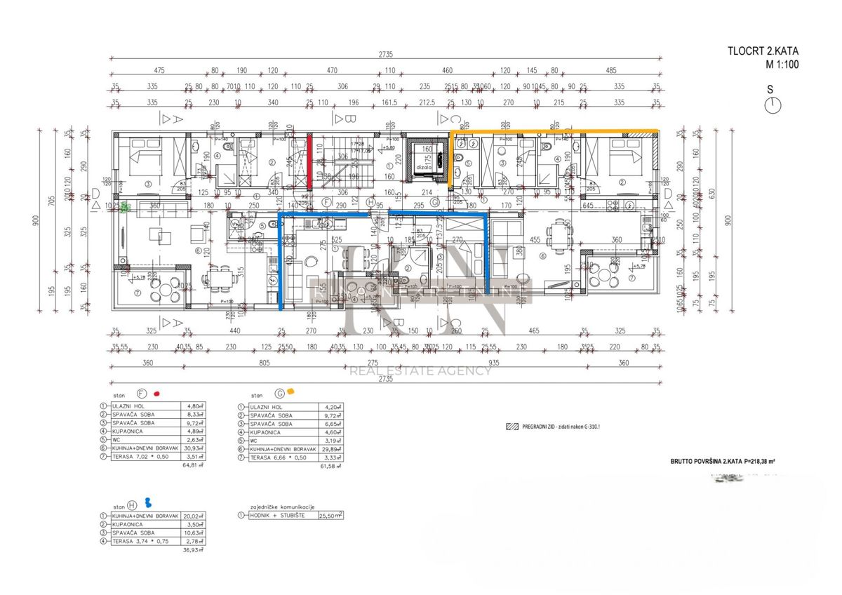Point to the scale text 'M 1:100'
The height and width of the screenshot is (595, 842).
[782, 65]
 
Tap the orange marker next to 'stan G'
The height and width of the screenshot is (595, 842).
[290, 393]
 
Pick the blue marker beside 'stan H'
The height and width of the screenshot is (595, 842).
[148, 502]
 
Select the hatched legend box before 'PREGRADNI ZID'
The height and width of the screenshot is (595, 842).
[509, 426]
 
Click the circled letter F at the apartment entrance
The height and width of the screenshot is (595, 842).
[326, 203]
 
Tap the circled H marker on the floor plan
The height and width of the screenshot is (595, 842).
[370, 203]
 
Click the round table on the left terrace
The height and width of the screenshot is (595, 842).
[165, 289]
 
